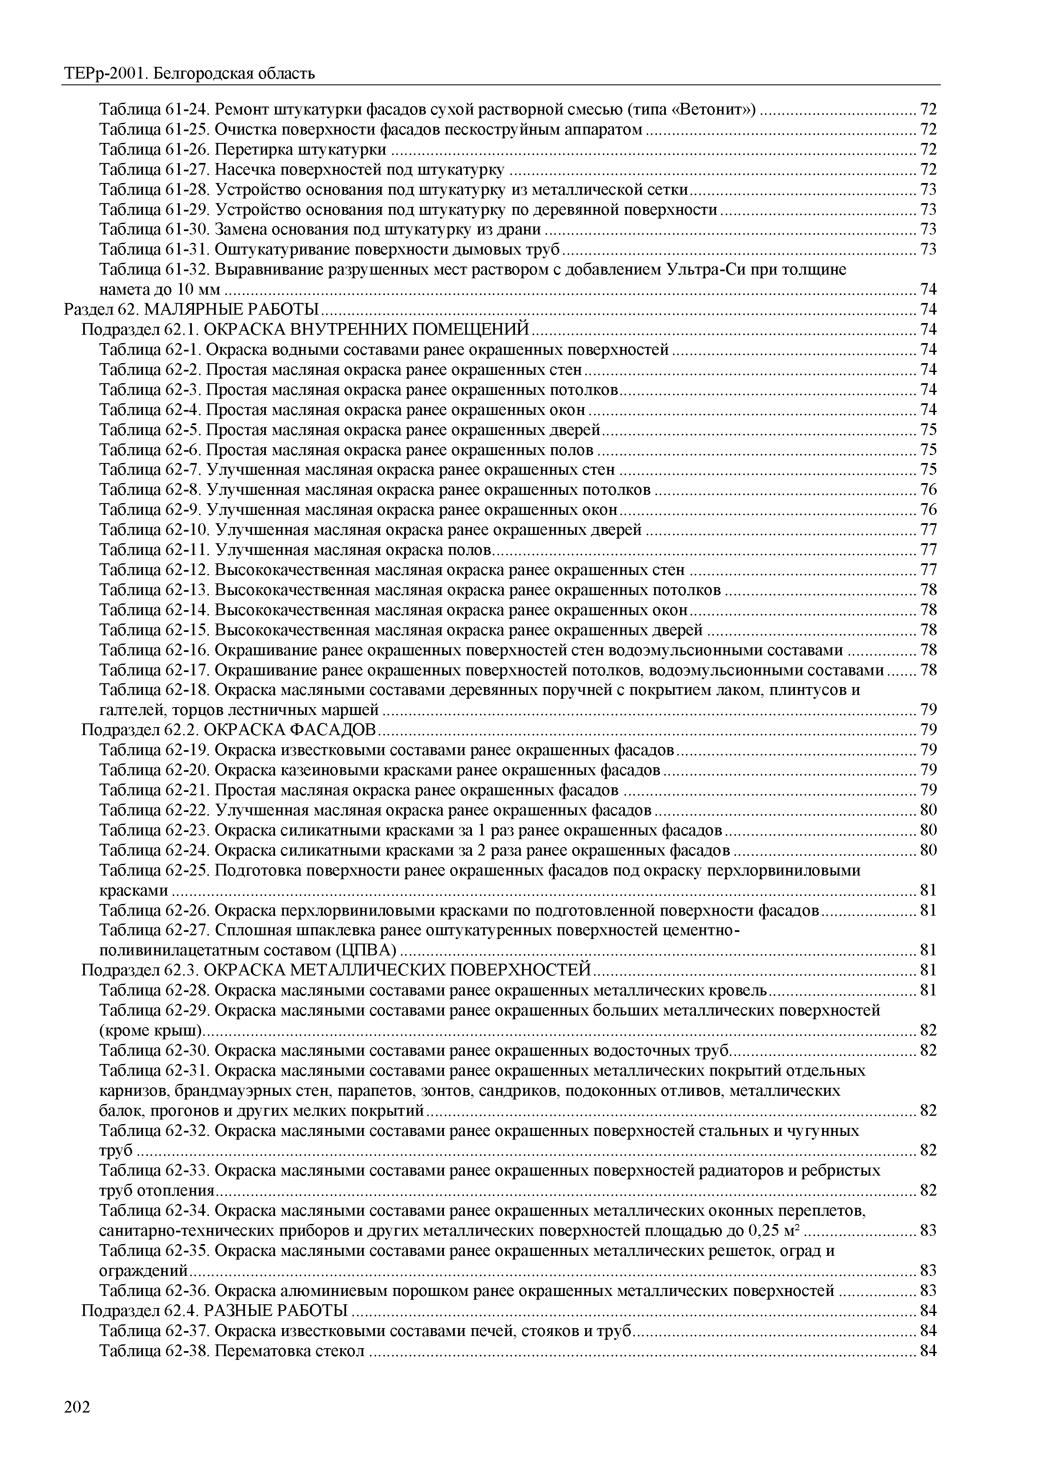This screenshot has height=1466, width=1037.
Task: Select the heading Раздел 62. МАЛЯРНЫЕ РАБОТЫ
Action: (191, 310)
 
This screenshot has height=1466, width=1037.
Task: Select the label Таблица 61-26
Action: (155, 150)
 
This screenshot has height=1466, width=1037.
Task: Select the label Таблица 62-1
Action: (151, 350)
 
